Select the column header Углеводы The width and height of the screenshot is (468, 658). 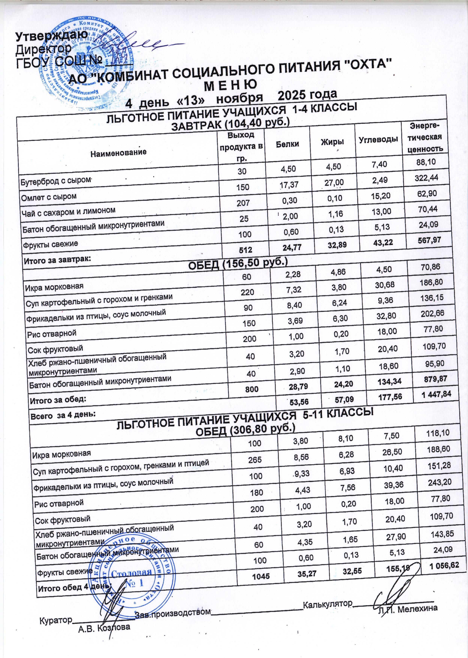(378, 140)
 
